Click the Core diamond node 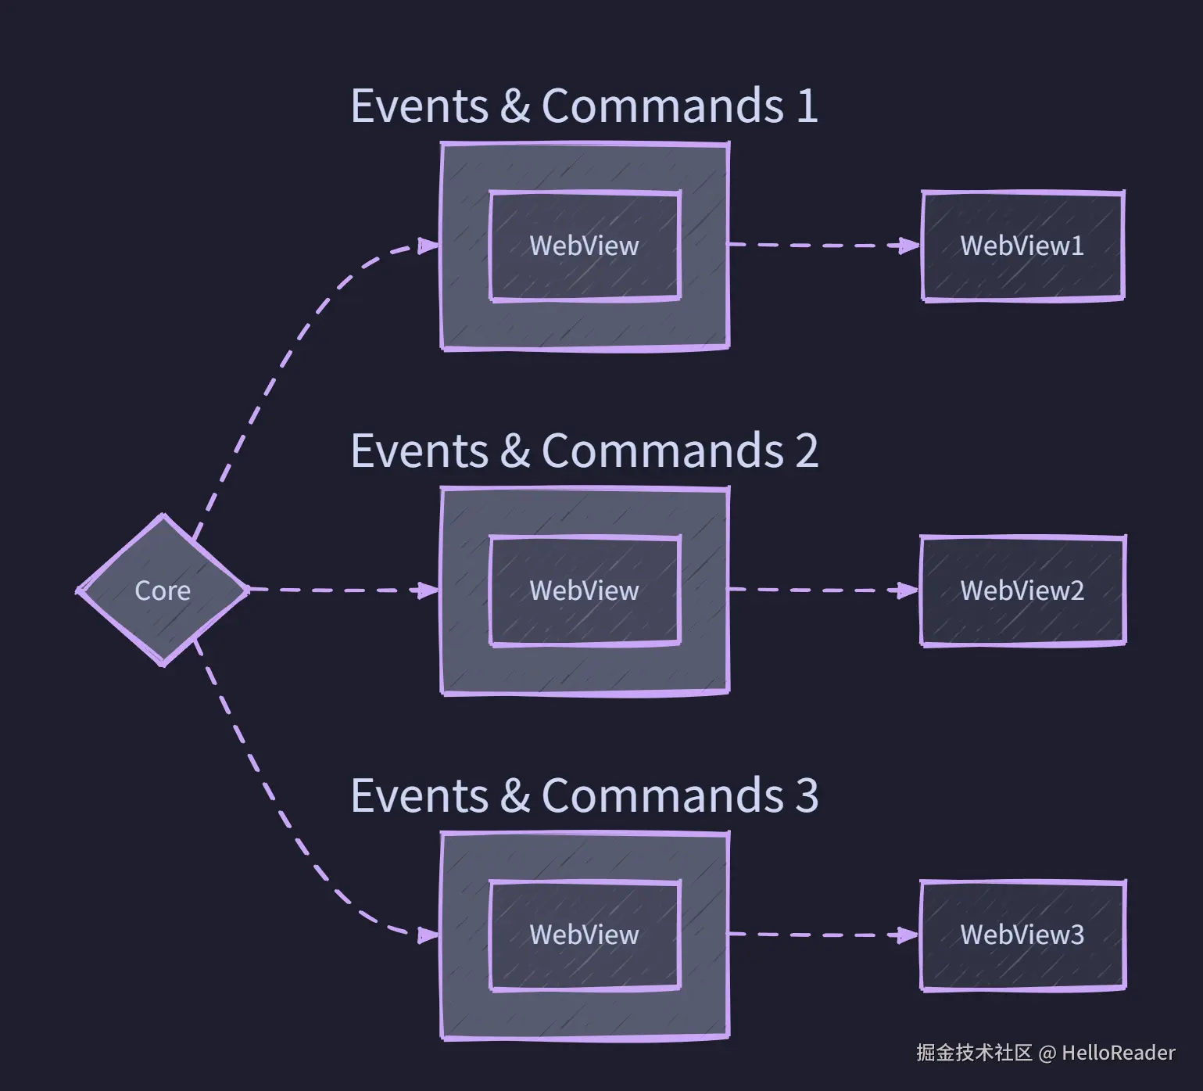[163, 590]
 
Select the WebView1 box [1022, 246]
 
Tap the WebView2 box [1022, 590]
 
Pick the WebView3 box [1022, 935]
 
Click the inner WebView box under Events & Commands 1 [585, 246]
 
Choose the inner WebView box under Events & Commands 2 [585, 590]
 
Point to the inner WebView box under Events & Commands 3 [585, 935]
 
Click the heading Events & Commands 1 [584, 106]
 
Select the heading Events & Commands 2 [584, 450]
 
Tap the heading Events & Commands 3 [584, 795]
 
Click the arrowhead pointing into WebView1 [909, 246]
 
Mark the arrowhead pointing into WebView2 [908, 590]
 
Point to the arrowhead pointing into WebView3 [908, 935]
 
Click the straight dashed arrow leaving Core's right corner [344, 590]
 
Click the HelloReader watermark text [1118, 1053]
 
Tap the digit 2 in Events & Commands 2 [807, 451]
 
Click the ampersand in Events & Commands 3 [515, 796]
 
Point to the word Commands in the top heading [663, 106]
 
